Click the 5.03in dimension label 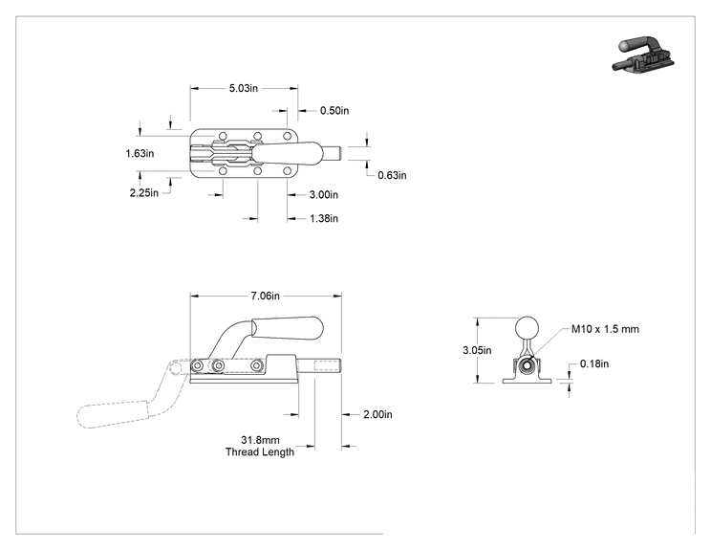tap(244, 88)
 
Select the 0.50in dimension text tap(334, 111)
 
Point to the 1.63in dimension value tap(140, 153)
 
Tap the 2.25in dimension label tap(144, 193)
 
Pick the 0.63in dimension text tap(392, 175)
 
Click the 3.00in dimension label tap(324, 195)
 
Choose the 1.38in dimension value tap(324, 219)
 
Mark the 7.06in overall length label tap(266, 296)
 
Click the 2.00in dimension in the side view tap(377, 414)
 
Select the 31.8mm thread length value tap(260, 440)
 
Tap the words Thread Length tap(260, 452)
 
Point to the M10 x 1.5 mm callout tap(605, 329)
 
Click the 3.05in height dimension tap(477, 350)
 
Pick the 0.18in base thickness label tap(594, 363)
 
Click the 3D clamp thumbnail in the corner tap(642, 54)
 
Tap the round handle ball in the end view tap(527, 328)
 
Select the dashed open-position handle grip tap(113, 413)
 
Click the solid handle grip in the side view tap(288, 328)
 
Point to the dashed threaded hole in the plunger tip tap(326, 365)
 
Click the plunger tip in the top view tap(332, 153)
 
